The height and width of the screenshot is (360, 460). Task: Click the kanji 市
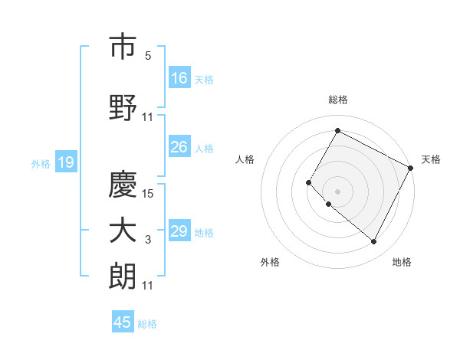click(x=123, y=47)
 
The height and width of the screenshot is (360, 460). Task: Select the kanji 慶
click(x=123, y=184)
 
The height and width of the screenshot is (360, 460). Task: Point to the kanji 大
click(x=123, y=231)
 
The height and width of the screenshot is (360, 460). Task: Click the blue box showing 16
click(x=179, y=77)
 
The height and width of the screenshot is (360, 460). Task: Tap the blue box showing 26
click(x=179, y=147)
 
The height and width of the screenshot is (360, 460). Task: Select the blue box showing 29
click(x=179, y=231)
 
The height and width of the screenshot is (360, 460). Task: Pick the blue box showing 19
click(x=65, y=162)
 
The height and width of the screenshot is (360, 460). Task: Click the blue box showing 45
click(x=123, y=322)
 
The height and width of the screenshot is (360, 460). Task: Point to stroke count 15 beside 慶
click(x=149, y=194)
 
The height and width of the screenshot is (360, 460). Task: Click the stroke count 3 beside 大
click(x=149, y=241)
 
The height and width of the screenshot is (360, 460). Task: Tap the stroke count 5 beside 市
click(x=148, y=56)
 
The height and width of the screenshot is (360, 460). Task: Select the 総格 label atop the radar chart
click(x=338, y=100)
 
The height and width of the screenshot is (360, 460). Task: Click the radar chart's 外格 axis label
click(x=270, y=262)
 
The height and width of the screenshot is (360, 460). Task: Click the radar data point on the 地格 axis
click(x=374, y=242)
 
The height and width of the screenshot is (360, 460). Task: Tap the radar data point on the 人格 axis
click(x=308, y=182)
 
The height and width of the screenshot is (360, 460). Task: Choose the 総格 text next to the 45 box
click(x=147, y=324)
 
